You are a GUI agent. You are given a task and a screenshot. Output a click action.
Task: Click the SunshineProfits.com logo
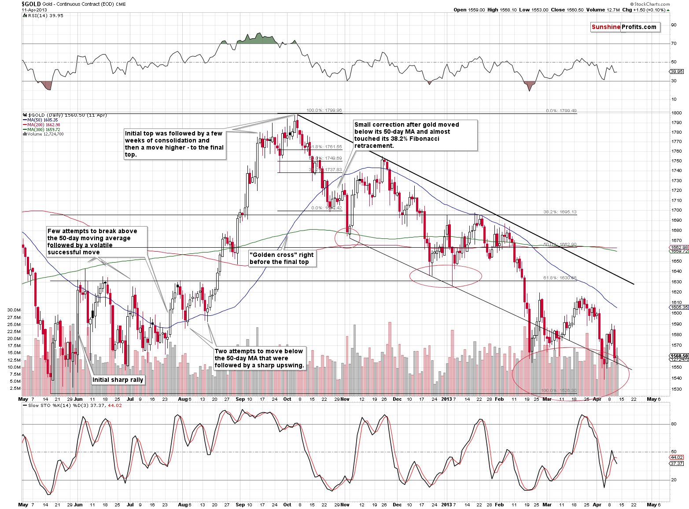pos(624,27)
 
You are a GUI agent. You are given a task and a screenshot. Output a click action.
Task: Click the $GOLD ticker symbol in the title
pos(31,4)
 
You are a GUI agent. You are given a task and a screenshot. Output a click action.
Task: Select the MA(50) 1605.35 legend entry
pos(42,120)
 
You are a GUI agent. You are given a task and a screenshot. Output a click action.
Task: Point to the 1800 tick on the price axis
pos(676,113)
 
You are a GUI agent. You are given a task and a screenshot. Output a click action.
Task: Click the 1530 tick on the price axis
pos(676,389)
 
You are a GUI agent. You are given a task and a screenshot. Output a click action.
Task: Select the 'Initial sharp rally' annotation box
pos(118,380)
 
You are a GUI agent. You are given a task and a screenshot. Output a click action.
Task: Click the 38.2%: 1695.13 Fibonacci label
pos(560,212)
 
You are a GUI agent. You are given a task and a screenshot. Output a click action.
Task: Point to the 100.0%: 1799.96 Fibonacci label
pos(324,110)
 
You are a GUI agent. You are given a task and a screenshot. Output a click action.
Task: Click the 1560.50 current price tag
pos(679,355)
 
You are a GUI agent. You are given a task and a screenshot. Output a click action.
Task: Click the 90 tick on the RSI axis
pos(674,25)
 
